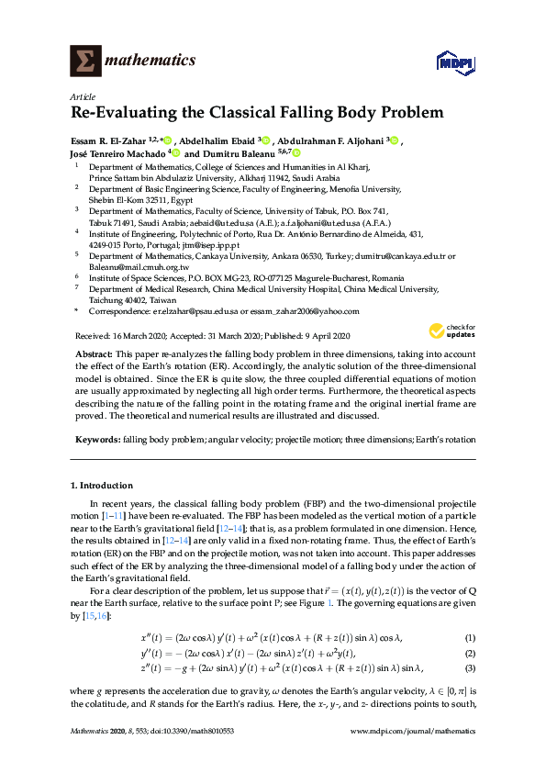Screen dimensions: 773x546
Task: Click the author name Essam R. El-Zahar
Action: (x=109, y=140)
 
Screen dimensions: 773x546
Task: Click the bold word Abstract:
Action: (x=95, y=353)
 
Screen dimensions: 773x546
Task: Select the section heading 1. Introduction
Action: (x=101, y=485)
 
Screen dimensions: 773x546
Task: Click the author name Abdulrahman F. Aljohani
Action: (x=332, y=140)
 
